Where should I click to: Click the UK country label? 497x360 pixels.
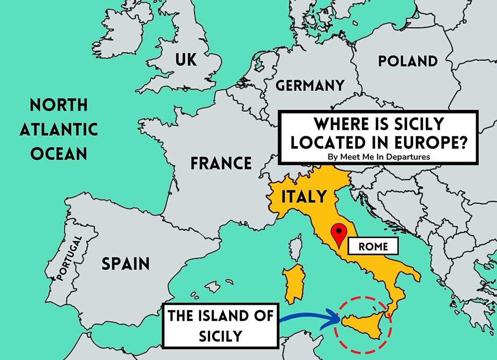click(186, 60)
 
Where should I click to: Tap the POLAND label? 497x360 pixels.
click(408, 61)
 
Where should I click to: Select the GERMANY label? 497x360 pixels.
click(310, 86)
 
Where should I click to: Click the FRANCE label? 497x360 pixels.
click(221, 163)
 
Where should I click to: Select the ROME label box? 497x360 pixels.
click(373, 246)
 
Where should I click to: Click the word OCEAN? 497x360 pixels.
click(59, 153)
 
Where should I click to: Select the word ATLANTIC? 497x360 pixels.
click(59, 129)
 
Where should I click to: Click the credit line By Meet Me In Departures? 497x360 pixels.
click(378, 156)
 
